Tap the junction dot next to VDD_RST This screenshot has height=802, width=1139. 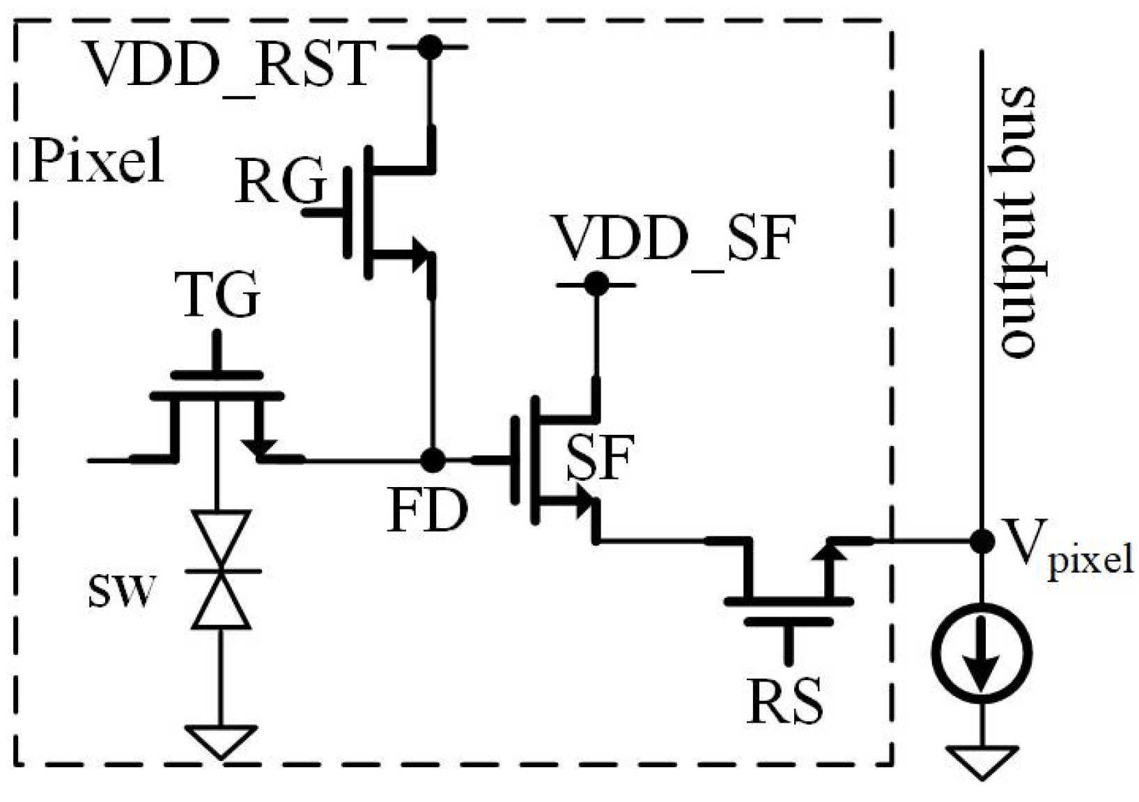(x=431, y=47)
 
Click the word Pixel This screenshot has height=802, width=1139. (x=97, y=161)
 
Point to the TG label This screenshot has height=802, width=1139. (x=217, y=295)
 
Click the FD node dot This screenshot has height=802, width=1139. (x=433, y=460)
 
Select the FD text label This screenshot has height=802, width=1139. (x=427, y=511)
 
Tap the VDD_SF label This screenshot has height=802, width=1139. (x=674, y=238)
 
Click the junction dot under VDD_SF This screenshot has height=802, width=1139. (x=596, y=284)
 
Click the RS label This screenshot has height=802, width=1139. (x=784, y=700)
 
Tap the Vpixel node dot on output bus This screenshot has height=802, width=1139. (x=982, y=540)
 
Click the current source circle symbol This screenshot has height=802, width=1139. (x=982, y=653)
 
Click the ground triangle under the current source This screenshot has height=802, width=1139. (x=982, y=760)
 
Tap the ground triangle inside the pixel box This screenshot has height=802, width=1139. (x=221, y=740)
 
